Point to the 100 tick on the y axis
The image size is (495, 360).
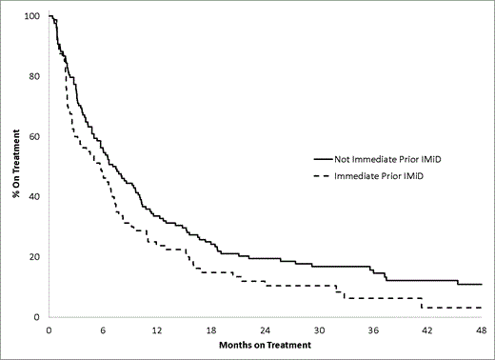[x=33, y=17]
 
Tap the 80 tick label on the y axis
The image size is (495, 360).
[x=35, y=77]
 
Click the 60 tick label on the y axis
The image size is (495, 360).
[x=35, y=137]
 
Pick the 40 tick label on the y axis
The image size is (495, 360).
[x=35, y=197]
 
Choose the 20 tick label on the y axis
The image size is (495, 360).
[x=35, y=257]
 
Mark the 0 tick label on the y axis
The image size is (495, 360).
[x=38, y=317]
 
